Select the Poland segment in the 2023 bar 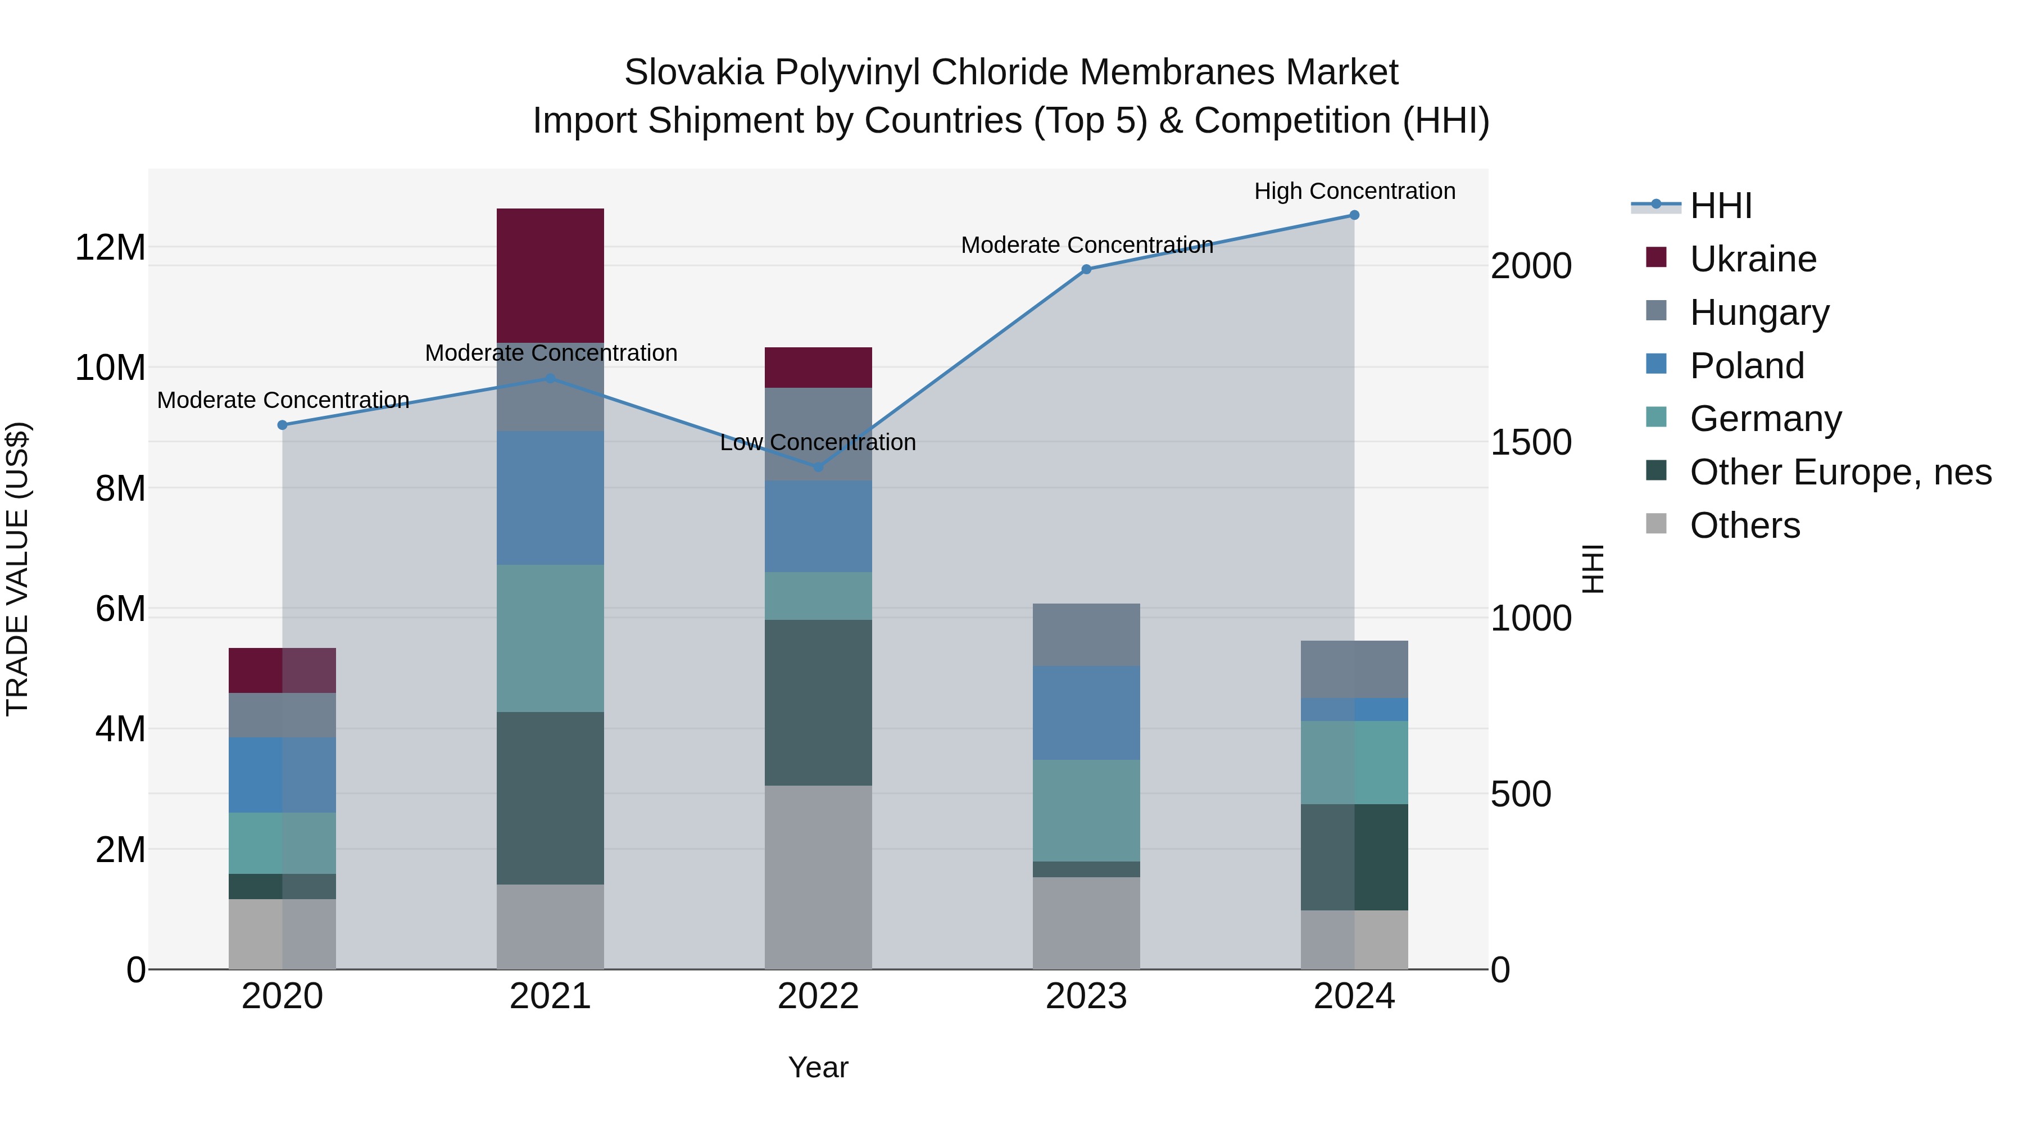1086,713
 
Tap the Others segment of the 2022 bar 818,877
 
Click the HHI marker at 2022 818,466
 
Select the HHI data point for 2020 283,425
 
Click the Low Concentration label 818,442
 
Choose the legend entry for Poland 1747,366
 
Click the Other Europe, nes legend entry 1840,472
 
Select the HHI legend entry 1720,206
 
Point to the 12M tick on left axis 110,247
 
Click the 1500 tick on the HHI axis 1531,442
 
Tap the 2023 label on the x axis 1086,996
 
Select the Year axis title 818,1067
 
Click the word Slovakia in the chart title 693,72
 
